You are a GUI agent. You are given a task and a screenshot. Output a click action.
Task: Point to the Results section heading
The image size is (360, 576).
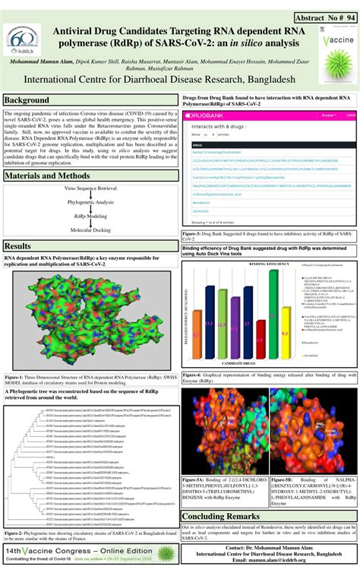point(19,246)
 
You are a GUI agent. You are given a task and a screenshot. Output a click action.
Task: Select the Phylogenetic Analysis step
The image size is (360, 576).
point(90,202)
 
